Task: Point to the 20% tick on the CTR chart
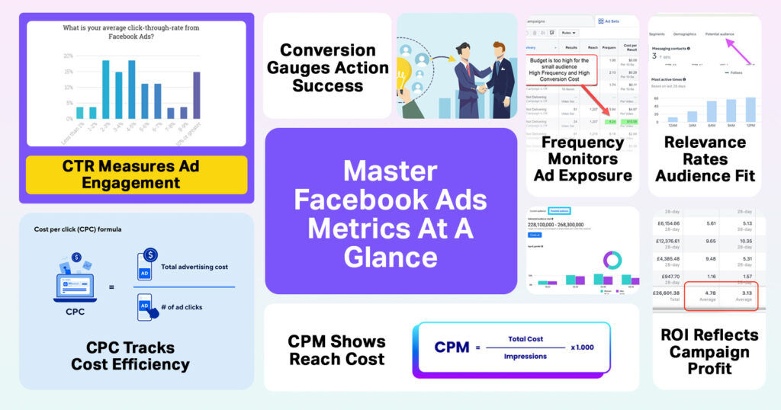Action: point(68,56)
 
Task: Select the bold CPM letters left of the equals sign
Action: point(452,348)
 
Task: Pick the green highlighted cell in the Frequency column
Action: point(609,120)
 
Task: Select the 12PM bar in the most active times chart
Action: point(750,110)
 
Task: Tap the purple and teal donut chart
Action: point(612,259)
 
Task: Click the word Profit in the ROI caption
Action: point(709,369)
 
